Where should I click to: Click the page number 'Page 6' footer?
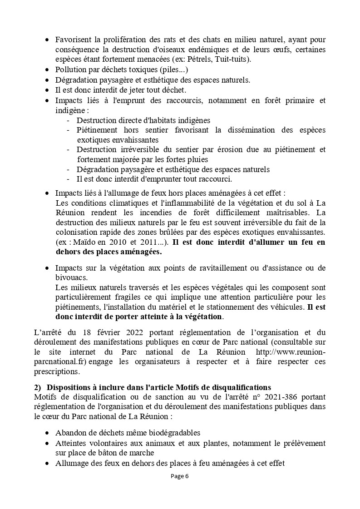click(180, 476)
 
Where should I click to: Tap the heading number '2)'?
click(38, 387)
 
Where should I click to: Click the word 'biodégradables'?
click(175, 432)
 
